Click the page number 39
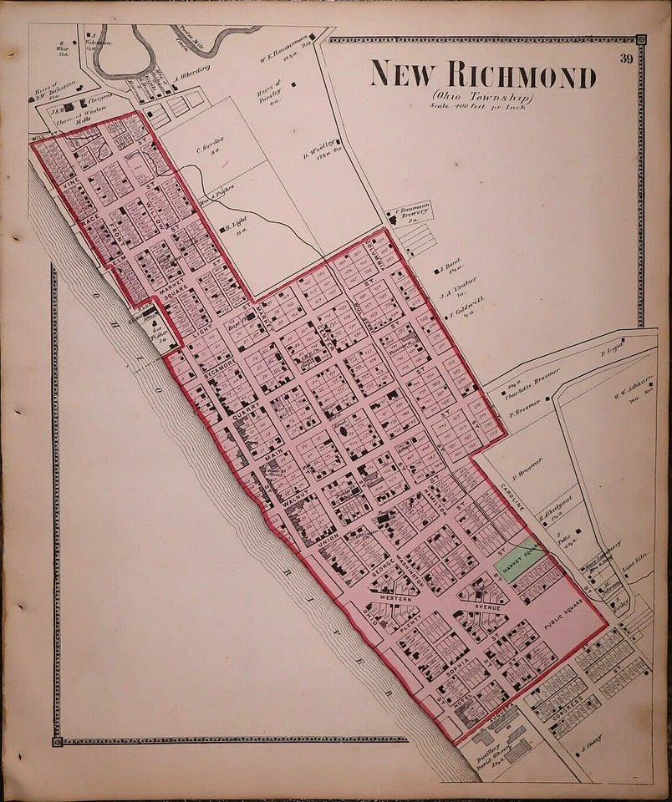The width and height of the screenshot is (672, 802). pos(627,58)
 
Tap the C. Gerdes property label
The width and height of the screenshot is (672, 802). pos(208,150)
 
